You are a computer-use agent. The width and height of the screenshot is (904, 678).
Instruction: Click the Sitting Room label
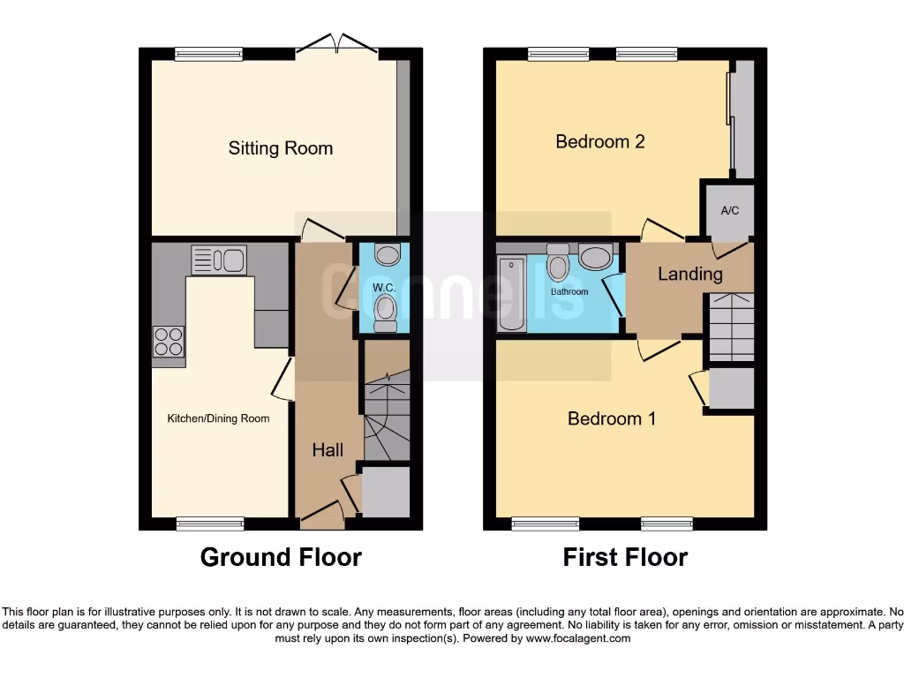(x=281, y=148)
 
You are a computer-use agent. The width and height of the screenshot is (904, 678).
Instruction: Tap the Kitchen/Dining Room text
(x=218, y=418)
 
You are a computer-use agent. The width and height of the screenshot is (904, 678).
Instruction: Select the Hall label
(x=328, y=450)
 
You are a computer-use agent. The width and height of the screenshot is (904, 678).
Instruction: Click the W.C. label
(x=382, y=288)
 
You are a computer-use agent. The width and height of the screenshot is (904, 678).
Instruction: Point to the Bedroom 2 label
(x=599, y=141)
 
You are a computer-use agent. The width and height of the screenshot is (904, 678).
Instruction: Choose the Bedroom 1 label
(x=611, y=418)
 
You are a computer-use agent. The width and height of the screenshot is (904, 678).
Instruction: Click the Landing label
(x=689, y=274)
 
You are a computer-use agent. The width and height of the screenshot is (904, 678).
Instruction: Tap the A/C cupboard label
(x=729, y=211)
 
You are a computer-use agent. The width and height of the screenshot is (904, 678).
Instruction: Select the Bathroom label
(x=569, y=291)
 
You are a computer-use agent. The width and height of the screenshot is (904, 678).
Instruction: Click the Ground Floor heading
(x=281, y=557)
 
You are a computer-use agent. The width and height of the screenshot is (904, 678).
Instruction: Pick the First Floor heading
(x=625, y=557)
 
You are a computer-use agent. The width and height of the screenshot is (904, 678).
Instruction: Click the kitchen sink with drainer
(x=219, y=260)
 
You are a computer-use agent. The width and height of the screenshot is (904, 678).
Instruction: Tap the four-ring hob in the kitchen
(x=168, y=341)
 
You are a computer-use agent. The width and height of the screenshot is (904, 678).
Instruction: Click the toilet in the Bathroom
(x=558, y=262)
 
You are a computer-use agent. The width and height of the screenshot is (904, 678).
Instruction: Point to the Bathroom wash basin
(x=596, y=258)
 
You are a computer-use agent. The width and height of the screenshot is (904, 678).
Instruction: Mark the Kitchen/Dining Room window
(x=209, y=524)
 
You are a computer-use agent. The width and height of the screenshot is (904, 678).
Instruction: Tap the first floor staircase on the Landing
(x=729, y=328)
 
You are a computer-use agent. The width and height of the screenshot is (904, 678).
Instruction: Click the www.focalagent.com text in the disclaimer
(x=578, y=638)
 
